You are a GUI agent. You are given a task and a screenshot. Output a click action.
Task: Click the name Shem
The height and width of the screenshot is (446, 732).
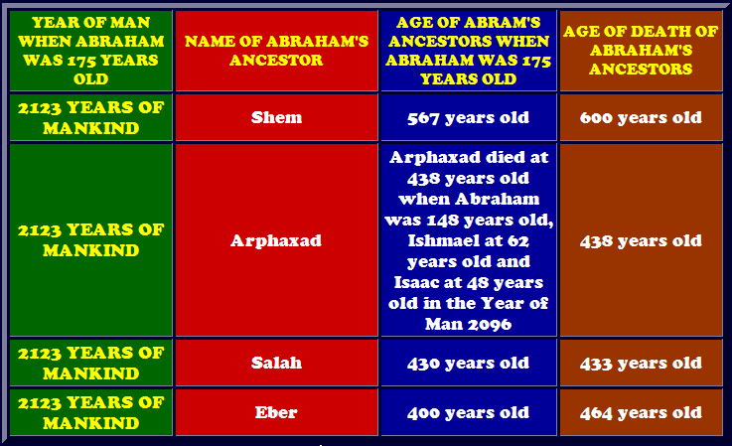276,117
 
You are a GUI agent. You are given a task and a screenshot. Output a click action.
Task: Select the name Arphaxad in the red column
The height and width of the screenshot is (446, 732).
276,240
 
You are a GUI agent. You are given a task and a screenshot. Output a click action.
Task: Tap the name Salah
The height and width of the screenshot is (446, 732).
276,363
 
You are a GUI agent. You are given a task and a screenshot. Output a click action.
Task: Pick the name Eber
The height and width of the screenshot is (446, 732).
276,412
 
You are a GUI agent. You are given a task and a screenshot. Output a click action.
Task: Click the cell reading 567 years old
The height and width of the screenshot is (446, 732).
468,117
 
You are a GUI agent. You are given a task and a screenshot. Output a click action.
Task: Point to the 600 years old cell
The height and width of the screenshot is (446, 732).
641,117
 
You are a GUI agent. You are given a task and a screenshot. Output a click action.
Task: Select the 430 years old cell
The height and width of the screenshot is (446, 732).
468,364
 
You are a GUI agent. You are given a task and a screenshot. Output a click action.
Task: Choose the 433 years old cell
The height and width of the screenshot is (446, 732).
641,364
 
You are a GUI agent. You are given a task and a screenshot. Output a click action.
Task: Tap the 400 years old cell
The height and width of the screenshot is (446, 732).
468,413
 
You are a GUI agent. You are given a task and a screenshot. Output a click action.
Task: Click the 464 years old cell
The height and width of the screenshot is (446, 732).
641,413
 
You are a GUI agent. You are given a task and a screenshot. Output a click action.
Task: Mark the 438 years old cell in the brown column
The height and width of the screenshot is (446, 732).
641,241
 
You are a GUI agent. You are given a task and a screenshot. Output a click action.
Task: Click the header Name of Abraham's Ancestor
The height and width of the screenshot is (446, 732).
276,51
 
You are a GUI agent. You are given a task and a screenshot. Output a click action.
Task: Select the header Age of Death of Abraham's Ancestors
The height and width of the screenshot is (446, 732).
641,50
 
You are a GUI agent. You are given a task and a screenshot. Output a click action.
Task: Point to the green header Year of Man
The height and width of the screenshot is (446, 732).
91,51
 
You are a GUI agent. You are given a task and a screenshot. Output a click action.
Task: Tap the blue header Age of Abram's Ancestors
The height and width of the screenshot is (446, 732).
468,51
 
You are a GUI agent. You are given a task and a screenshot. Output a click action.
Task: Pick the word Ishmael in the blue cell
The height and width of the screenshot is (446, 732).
437,240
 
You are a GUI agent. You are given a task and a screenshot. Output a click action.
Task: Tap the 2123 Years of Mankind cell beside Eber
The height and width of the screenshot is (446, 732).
91,412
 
